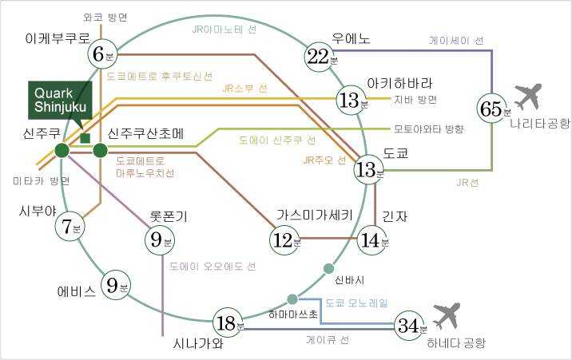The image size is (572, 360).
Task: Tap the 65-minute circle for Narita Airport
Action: click(493, 109)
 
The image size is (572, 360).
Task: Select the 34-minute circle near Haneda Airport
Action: click(411, 325)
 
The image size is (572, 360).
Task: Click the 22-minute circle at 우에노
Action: click(321, 57)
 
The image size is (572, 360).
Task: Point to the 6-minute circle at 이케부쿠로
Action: click(102, 55)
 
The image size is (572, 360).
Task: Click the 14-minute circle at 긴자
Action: click(372, 239)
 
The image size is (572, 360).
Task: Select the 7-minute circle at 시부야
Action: click(70, 227)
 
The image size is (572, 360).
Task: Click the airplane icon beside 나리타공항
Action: click(528, 97)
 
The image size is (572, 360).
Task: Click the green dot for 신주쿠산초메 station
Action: click(100, 150)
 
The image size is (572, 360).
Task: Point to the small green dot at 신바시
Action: click(328, 267)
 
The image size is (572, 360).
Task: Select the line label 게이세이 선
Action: click(456, 39)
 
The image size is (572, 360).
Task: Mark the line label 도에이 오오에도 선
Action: click(213, 266)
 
